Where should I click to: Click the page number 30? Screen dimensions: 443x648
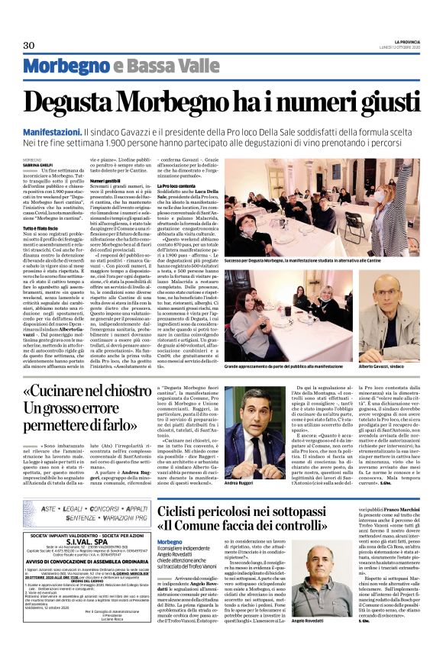[30, 46]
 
